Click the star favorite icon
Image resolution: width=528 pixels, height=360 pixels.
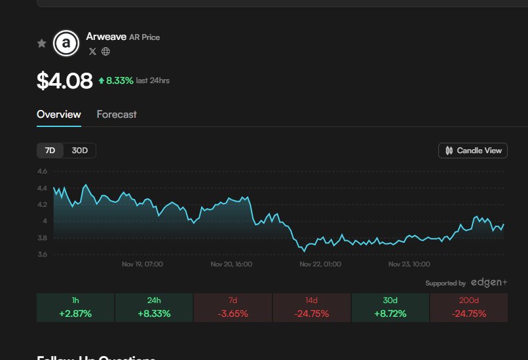point(42,43)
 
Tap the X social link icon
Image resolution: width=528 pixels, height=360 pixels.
point(92,52)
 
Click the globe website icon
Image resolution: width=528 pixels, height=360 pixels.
point(105,52)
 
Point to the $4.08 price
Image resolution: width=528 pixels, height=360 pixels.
point(64,81)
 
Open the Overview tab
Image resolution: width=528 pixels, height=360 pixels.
point(59,115)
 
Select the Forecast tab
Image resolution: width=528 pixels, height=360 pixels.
point(117,115)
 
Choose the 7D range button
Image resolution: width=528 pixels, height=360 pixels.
point(50,151)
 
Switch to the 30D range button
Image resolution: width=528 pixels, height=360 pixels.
point(80,151)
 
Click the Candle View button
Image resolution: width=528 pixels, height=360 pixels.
point(473,151)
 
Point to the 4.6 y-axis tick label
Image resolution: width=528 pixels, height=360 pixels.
point(42,171)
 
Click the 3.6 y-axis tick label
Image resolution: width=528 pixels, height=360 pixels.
point(42,255)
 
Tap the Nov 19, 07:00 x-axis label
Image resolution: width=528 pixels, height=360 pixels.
point(142,264)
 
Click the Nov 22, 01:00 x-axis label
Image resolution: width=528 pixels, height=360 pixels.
point(320,264)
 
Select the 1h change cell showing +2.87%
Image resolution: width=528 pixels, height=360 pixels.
point(75,308)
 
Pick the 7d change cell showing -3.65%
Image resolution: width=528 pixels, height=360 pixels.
point(233,308)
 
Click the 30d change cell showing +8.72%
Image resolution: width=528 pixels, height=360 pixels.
point(390,308)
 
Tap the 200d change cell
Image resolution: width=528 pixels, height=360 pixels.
point(468,308)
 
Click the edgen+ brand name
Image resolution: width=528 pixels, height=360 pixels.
point(488,283)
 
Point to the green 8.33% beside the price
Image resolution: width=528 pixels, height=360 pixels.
point(119,81)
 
